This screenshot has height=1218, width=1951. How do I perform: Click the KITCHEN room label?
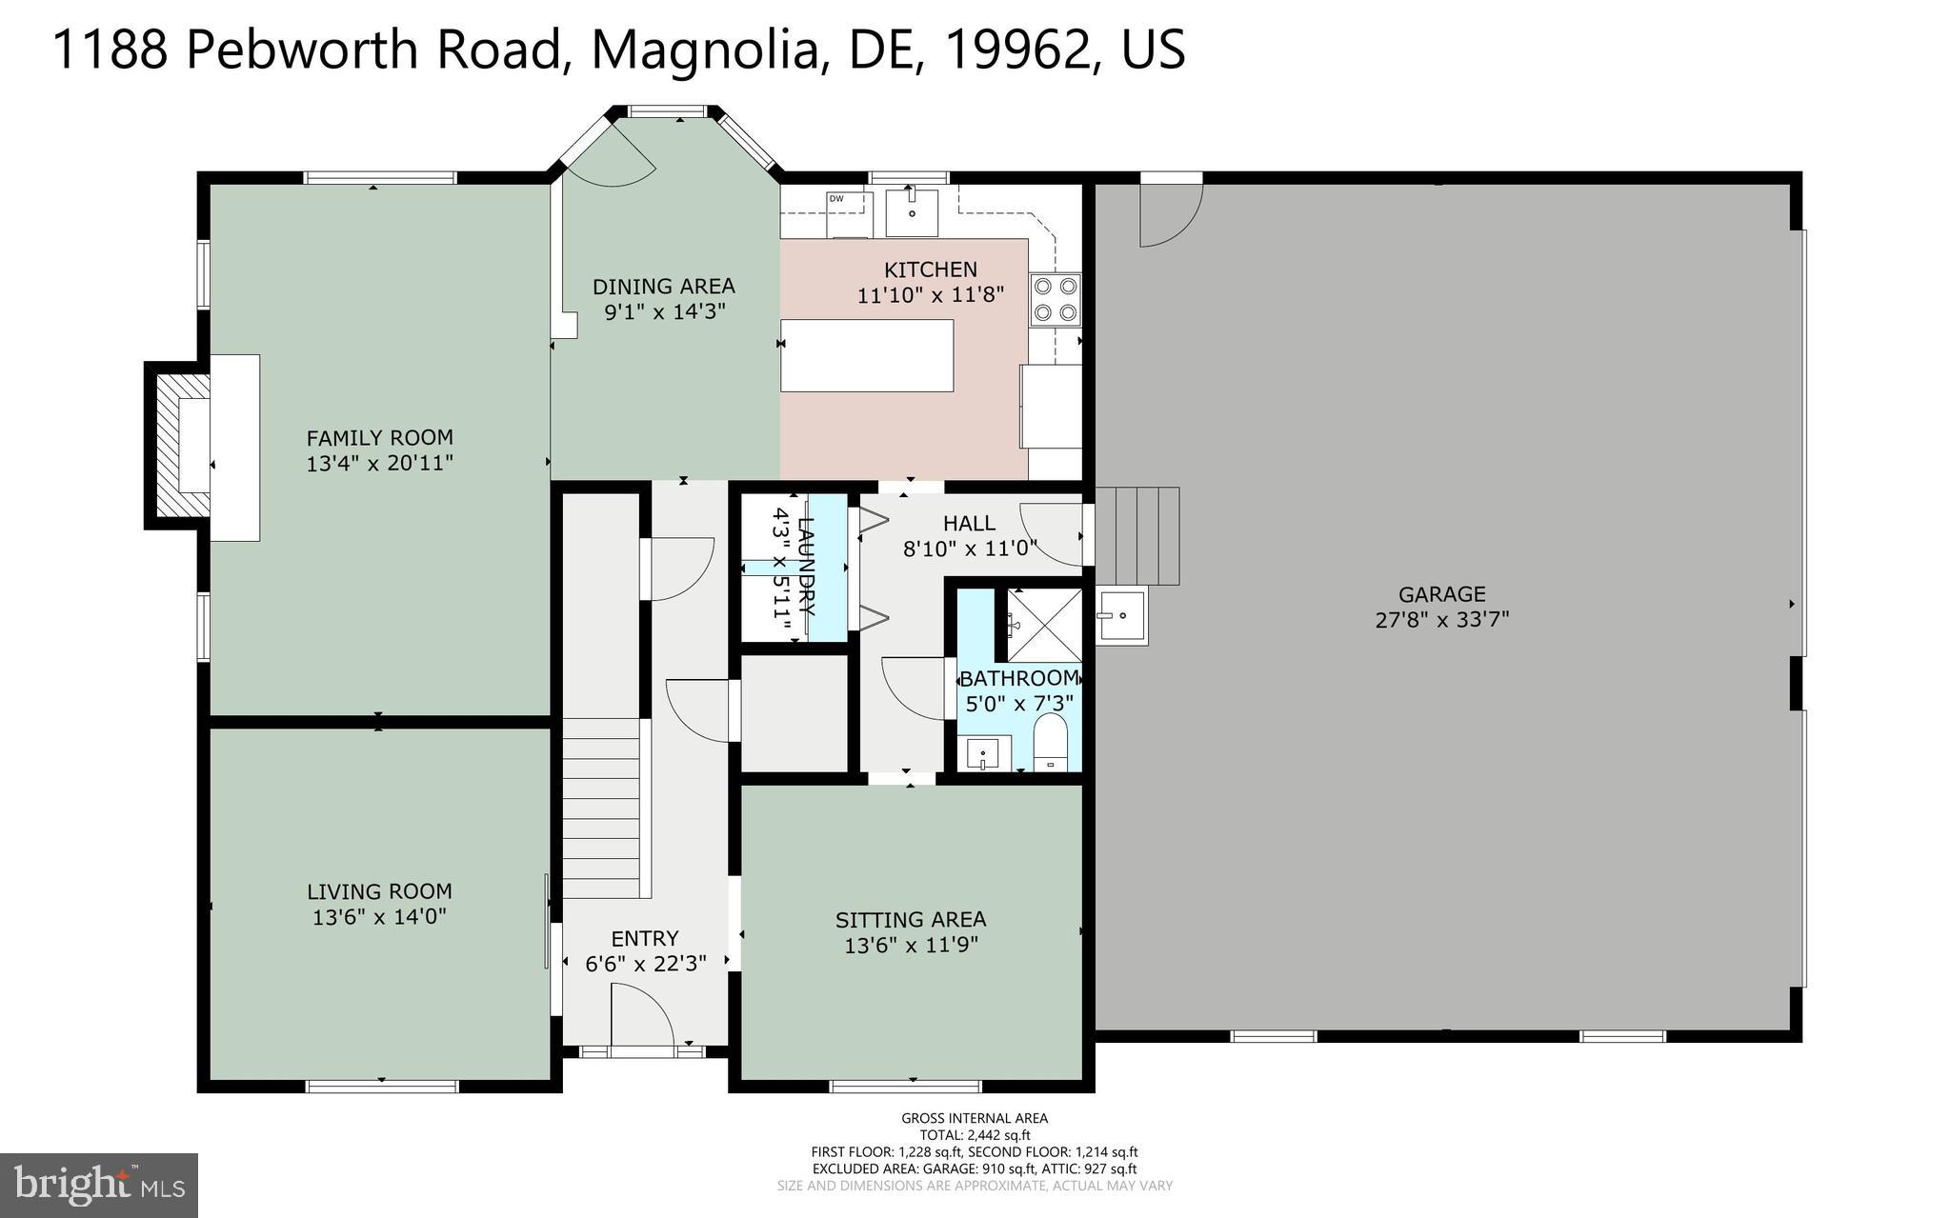[x=931, y=270]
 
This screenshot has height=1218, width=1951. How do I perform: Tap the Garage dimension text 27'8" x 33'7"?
[x=1441, y=620]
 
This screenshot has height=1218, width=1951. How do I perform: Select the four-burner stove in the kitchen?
[x=1056, y=298]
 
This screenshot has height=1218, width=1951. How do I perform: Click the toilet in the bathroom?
[x=1052, y=744]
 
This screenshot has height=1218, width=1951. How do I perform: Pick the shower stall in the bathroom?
[x=1044, y=625]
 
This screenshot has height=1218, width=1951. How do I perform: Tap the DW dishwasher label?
[x=835, y=199]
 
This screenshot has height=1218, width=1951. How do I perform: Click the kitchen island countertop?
[x=867, y=355]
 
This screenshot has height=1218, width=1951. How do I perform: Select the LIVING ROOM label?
[x=379, y=891]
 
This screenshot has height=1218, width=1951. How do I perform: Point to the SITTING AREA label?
[x=911, y=920]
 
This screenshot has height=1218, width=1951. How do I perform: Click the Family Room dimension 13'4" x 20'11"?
[x=379, y=464]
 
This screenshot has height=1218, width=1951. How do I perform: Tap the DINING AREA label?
[x=664, y=286]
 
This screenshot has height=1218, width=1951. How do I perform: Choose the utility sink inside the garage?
[x=1122, y=615]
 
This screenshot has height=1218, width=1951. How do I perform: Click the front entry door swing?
[x=644, y=1014]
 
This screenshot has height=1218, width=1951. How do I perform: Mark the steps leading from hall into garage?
[x=1137, y=536]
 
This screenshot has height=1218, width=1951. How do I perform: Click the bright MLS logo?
[x=99, y=1186]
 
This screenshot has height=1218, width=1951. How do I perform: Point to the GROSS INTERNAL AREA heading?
[x=975, y=1118]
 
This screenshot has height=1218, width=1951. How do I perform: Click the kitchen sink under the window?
[x=912, y=211]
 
